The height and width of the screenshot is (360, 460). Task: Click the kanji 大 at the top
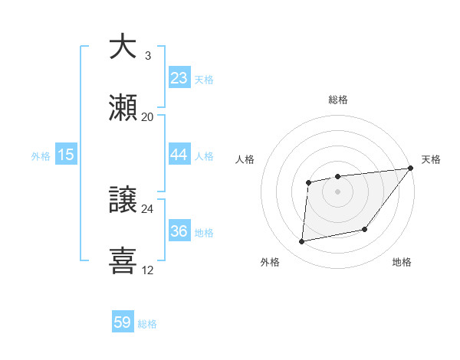click(123, 47)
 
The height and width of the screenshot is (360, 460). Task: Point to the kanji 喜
click(123, 261)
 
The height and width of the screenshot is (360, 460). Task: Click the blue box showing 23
click(179, 78)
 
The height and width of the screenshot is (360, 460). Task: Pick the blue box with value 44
click(179, 155)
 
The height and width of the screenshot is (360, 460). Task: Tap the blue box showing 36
click(179, 231)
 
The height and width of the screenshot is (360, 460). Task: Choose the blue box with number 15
click(66, 155)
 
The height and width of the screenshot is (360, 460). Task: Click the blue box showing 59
click(123, 322)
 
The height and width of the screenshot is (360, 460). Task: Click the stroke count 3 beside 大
click(147, 56)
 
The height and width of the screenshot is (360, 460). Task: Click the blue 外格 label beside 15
click(41, 155)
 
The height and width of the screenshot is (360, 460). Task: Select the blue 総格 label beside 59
click(147, 324)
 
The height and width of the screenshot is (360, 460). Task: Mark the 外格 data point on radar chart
click(302, 242)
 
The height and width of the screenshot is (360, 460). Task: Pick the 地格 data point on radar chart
click(365, 228)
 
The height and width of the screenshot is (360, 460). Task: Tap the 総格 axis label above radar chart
click(338, 100)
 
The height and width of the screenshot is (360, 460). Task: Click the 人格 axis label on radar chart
click(245, 159)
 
